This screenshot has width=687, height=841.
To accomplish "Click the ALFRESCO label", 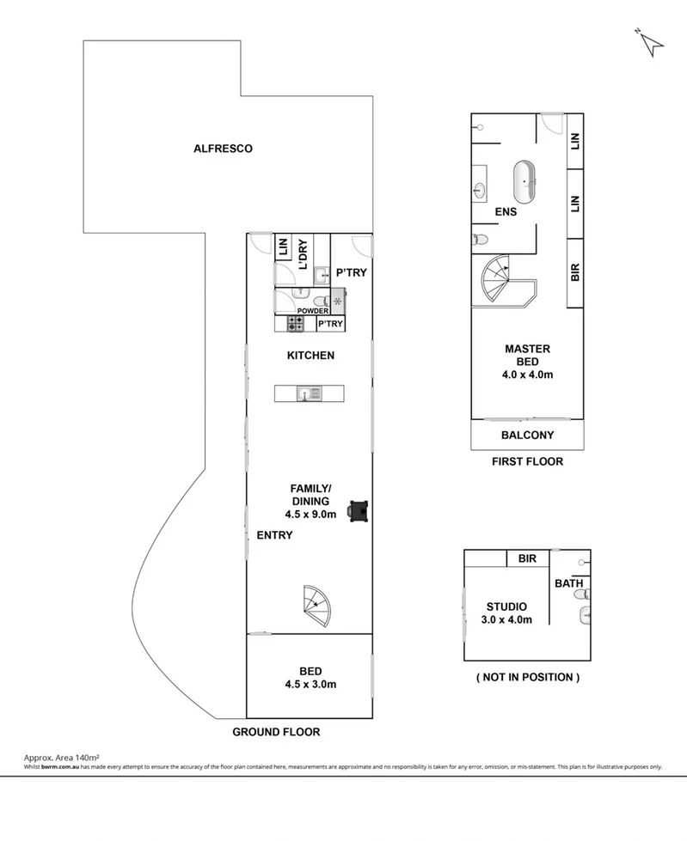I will pyautogui.click(x=222, y=149).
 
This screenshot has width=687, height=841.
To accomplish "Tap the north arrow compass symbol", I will pyautogui.click(x=650, y=41).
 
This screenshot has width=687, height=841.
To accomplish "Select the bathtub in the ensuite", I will pyautogui.click(x=524, y=179).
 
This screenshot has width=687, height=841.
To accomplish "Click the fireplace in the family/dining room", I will pyautogui.click(x=359, y=511).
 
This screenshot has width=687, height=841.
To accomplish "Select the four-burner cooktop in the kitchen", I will pyautogui.click(x=295, y=324).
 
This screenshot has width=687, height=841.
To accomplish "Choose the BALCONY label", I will pyautogui.click(x=527, y=436).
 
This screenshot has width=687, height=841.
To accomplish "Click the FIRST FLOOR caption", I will pyautogui.click(x=527, y=461).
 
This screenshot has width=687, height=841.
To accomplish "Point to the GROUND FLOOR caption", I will pyautogui.click(x=276, y=733).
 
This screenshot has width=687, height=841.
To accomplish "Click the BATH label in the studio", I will pyautogui.click(x=568, y=584).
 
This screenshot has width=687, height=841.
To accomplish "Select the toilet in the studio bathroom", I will pyautogui.click(x=586, y=613).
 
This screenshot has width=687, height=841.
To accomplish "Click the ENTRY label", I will pyautogui.click(x=274, y=535).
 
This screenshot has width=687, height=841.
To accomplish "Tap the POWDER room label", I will pyautogui.click(x=313, y=311).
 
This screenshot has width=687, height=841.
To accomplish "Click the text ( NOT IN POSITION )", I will pyautogui.click(x=527, y=677).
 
